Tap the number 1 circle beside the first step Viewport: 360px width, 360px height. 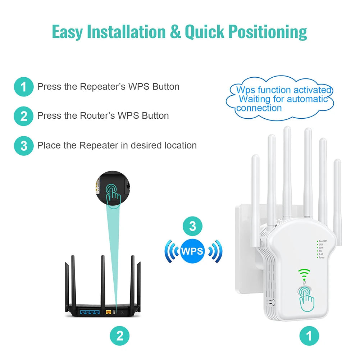click(x=24, y=87)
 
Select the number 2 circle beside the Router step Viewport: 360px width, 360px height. click(x=24, y=116)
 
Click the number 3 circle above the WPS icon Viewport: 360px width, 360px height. click(x=193, y=227)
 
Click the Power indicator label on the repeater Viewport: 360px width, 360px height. click(x=322, y=258)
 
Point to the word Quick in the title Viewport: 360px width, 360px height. click(x=205, y=32)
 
